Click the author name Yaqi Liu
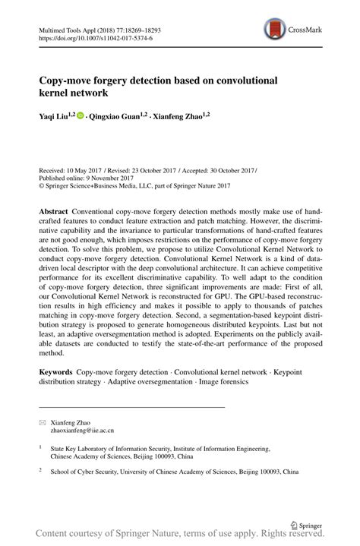57,117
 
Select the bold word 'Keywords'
58,372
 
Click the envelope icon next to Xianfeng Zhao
42,420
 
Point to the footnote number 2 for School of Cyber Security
41,470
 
